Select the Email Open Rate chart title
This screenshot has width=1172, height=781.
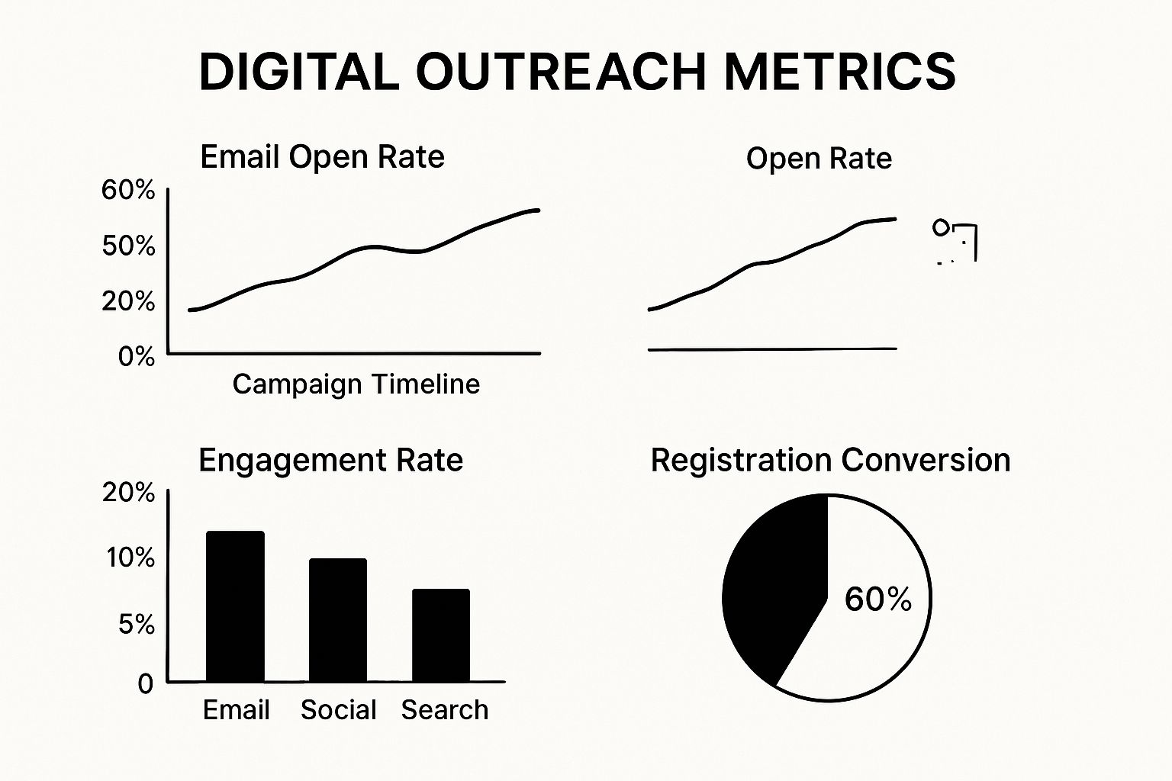click(322, 157)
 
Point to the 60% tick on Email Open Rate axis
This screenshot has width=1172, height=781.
click(128, 190)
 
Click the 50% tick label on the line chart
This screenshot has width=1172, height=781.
click(128, 246)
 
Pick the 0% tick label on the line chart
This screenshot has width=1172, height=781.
click(136, 356)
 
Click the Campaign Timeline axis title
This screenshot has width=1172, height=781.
click(356, 384)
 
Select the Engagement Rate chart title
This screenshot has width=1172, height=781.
click(330, 460)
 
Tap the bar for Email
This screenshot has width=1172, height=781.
click(235, 606)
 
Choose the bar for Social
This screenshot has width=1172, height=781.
click(337, 620)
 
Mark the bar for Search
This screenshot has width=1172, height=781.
click(441, 635)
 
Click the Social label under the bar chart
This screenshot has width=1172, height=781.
click(338, 710)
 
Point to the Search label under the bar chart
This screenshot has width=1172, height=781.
click(445, 710)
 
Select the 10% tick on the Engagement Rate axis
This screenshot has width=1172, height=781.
click(130, 558)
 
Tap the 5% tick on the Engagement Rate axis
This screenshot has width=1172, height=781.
click(136, 625)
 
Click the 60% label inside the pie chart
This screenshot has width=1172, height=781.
click(877, 599)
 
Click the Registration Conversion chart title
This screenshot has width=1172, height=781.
click(830, 460)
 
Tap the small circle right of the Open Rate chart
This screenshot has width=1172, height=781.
click(941, 227)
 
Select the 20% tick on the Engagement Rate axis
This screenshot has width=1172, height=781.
click(128, 493)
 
